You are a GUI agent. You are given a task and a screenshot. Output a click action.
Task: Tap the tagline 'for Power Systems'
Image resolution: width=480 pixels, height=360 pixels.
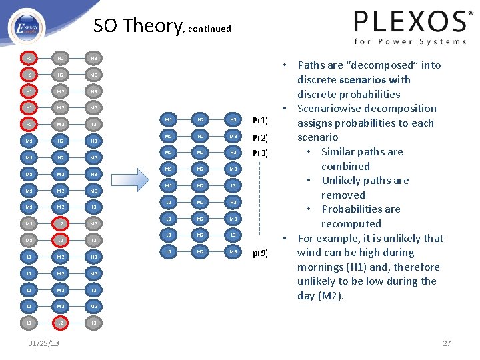point(410,41)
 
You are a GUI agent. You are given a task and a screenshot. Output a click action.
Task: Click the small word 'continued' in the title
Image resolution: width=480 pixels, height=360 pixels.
point(210,29)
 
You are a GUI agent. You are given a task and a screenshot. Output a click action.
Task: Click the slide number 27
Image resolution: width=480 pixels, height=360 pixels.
point(447,343)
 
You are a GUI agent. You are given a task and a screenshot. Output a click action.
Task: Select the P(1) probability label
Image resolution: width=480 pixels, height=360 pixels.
point(260,121)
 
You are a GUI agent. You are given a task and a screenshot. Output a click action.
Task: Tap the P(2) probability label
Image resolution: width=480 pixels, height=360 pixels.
point(260,137)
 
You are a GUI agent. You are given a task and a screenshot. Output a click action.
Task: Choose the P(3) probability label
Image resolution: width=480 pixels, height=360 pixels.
point(260,153)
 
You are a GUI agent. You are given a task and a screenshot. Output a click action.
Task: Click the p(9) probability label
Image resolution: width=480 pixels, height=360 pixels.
point(260,253)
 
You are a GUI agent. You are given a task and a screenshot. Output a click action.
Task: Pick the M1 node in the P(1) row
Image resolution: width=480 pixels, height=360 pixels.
point(169,120)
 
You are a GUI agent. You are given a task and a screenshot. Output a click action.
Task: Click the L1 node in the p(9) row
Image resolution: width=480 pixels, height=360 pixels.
point(169,251)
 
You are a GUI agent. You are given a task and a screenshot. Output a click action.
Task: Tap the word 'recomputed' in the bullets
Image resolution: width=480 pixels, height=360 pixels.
point(351,223)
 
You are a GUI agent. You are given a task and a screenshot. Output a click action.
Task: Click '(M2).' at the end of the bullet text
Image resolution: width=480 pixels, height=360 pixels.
point(329,295)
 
